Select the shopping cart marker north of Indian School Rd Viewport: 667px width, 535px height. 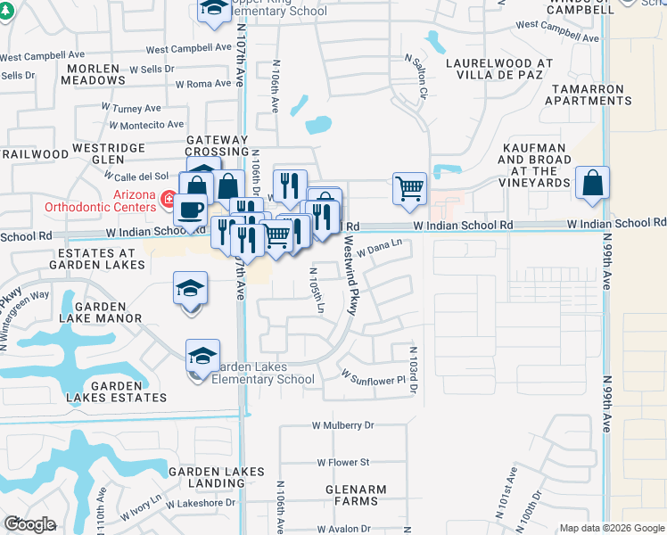point(409,187)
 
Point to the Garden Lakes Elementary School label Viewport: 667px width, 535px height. point(264,373)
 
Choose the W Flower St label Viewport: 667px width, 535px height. point(343,462)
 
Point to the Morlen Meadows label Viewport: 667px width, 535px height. point(94,74)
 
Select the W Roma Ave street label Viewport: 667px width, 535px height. point(203,84)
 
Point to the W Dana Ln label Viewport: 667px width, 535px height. point(380,252)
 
